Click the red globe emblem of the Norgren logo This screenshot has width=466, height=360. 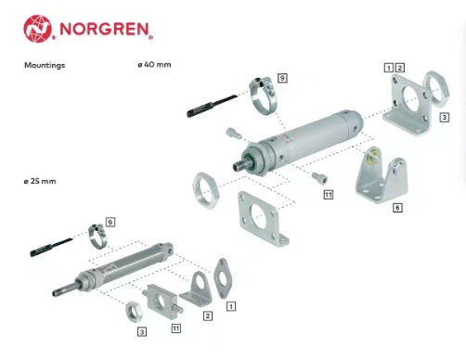[x=37, y=29]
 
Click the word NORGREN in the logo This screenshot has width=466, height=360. [x=105, y=29]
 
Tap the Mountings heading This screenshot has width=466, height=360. [x=45, y=65]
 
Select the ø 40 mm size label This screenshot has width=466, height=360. [x=154, y=65]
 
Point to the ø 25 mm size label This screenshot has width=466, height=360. [x=40, y=181]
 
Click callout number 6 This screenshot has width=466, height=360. [x=397, y=208]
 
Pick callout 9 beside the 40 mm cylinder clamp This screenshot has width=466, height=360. [x=282, y=78]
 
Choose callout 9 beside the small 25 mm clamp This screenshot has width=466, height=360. [x=110, y=222]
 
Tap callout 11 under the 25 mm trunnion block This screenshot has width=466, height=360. [x=176, y=328]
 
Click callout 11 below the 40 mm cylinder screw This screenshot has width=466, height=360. [x=329, y=195]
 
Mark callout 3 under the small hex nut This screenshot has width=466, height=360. [x=142, y=332]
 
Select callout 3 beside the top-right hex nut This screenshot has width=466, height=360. [x=445, y=117]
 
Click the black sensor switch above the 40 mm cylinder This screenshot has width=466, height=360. [x=213, y=106]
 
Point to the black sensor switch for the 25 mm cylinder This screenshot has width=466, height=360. [x=51, y=248]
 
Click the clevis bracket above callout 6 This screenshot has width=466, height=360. [x=382, y=175]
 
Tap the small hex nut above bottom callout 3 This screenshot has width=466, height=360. [x=134, y=312]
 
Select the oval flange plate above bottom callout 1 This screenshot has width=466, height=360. [x=223, y=278]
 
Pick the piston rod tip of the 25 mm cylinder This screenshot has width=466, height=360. [x=56, y=292]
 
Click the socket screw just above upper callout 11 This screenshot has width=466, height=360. [x=319, y=178]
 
